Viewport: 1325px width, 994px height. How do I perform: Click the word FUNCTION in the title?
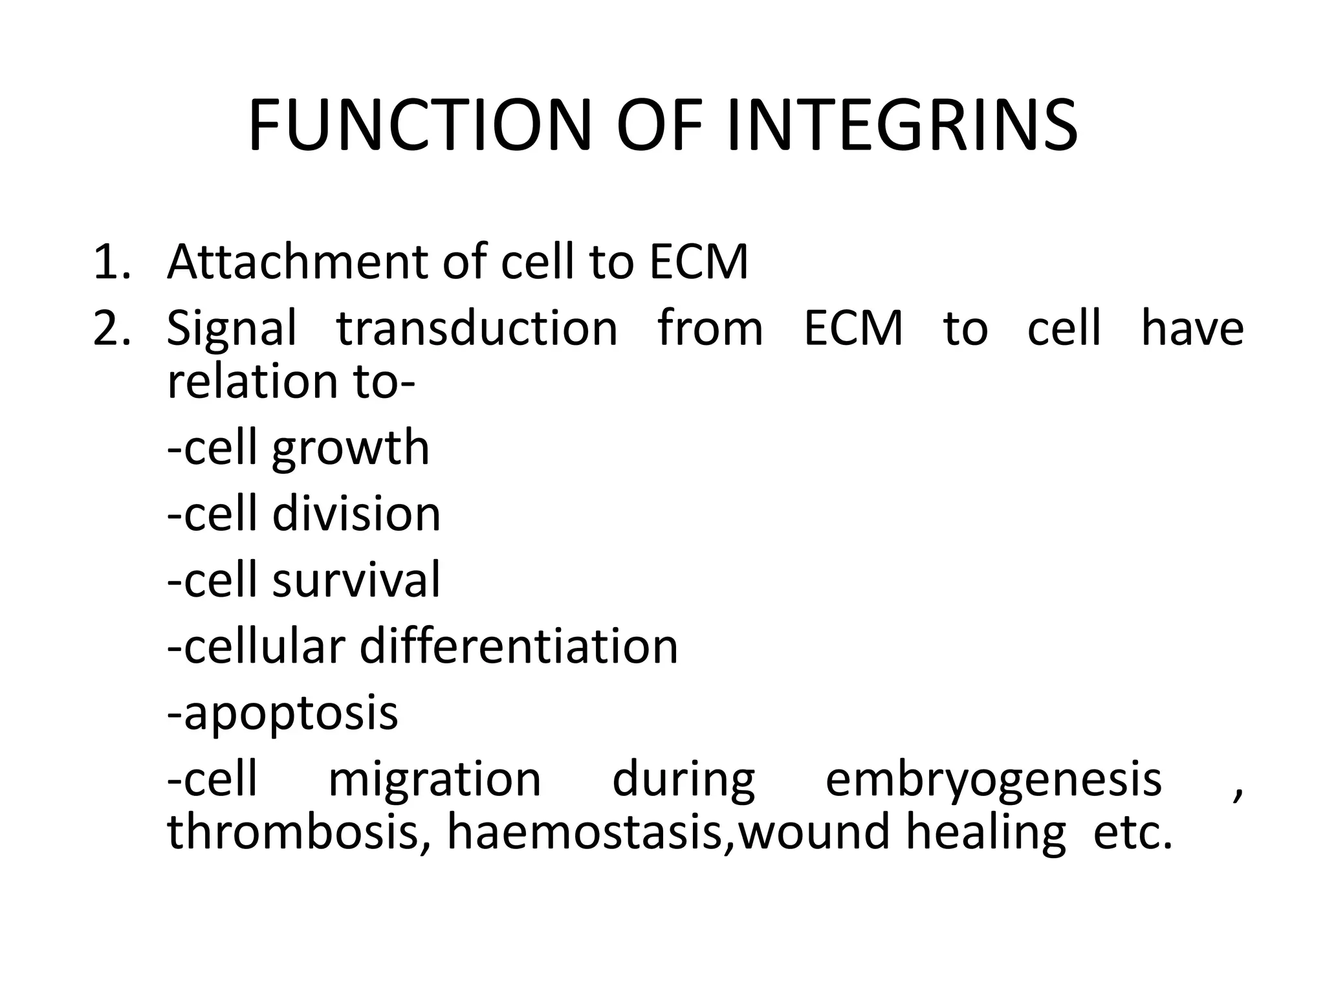point(419,126)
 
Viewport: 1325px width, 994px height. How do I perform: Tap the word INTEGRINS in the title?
point(902,126)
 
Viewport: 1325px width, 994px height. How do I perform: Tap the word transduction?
point(477,328)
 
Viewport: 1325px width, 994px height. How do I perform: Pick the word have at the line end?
point(1192,328)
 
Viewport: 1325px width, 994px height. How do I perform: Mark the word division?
point(356,514)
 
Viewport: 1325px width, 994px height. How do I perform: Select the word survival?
point(356,580)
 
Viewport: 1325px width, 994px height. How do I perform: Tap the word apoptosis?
point(290,714)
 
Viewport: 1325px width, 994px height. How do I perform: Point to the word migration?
point(434,780)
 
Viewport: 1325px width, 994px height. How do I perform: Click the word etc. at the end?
point(1132,832)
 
